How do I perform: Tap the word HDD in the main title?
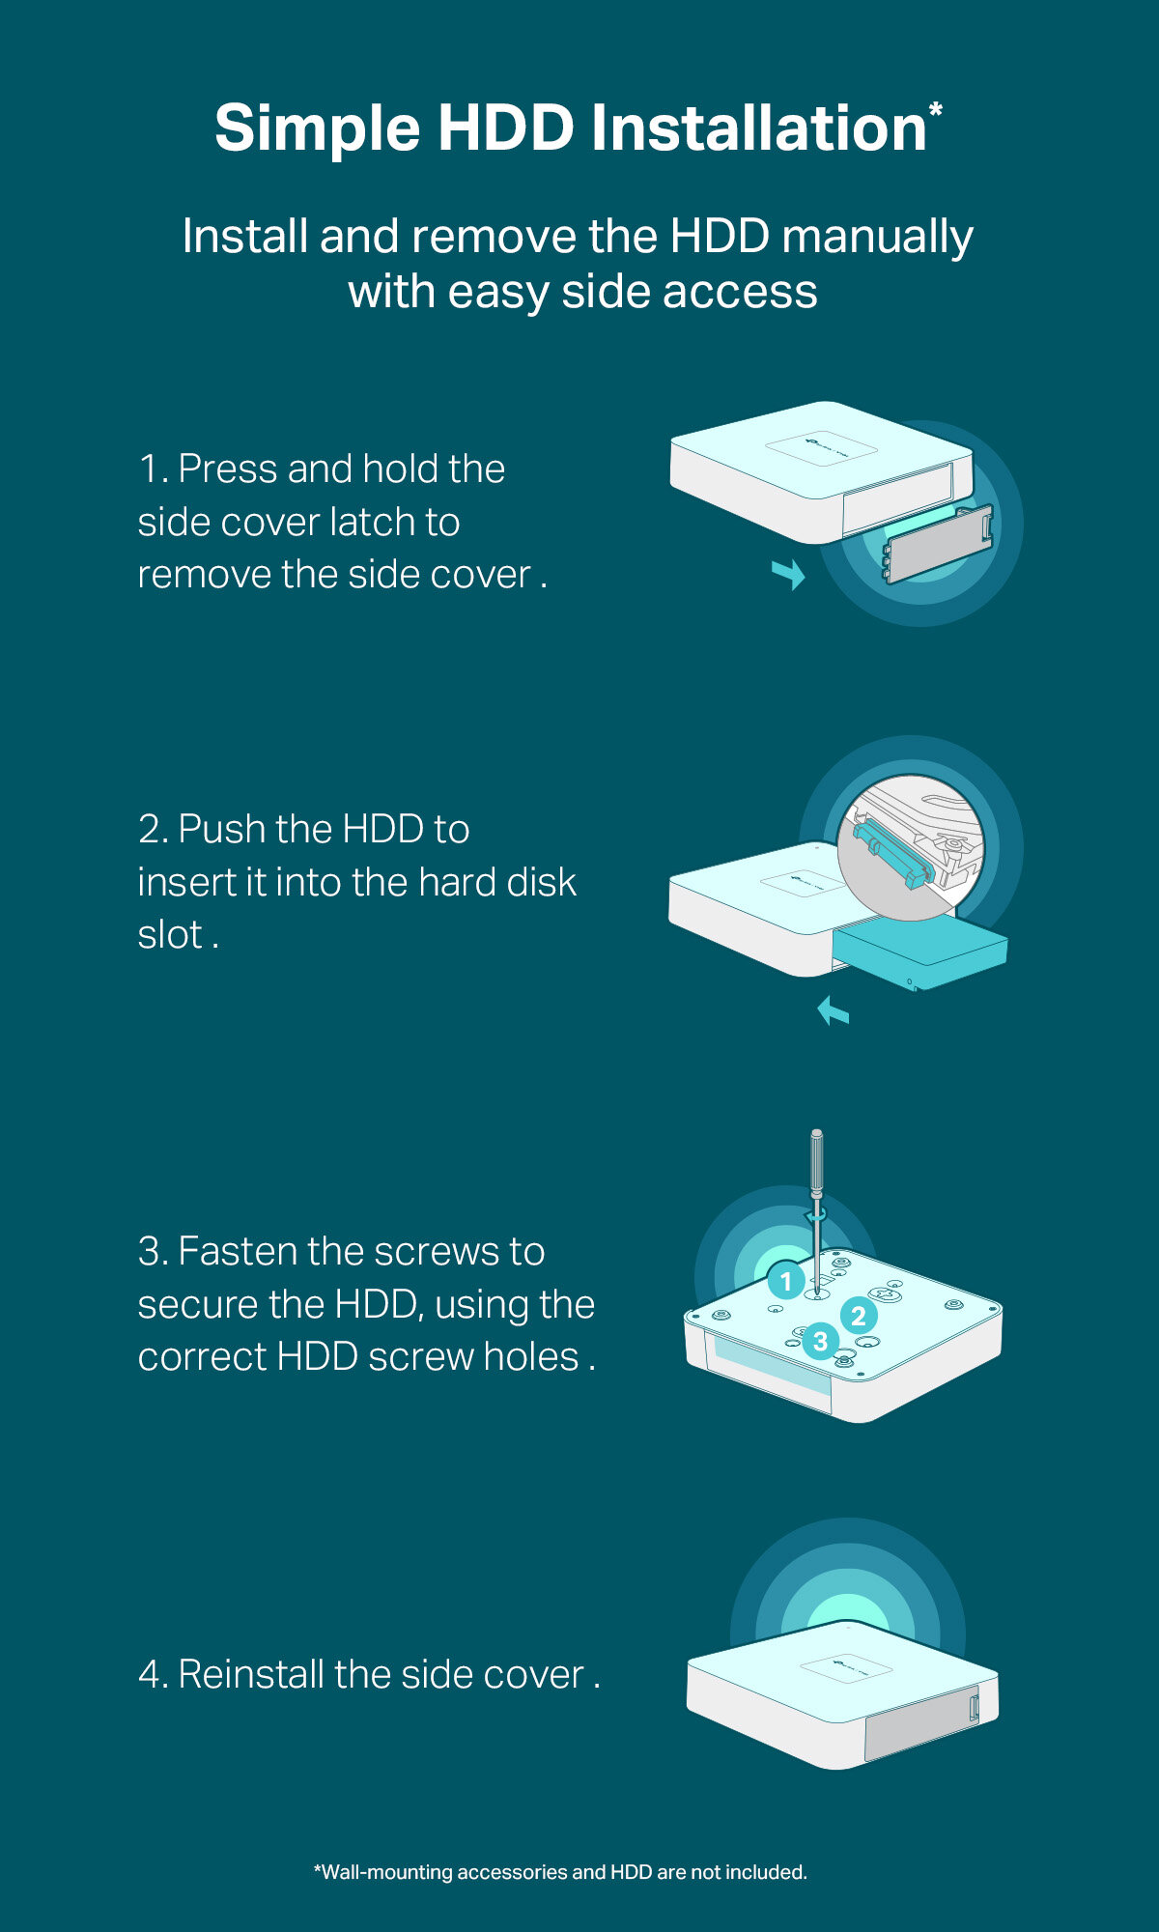506,128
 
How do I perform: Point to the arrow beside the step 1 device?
789,574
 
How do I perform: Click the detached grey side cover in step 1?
939,543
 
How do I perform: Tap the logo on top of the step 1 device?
821,448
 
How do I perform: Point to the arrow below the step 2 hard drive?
833,1011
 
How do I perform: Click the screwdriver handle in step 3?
817,1163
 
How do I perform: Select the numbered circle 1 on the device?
786,1281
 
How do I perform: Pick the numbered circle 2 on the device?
859,1315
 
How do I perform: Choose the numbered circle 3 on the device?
820,1341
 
